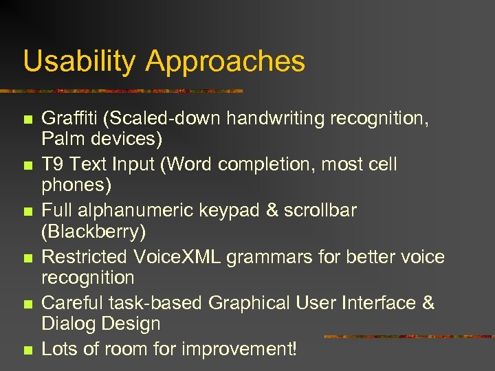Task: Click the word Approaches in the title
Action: pos(225,62)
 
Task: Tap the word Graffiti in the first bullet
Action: pos(67,119)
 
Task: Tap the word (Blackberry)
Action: pos(93,232)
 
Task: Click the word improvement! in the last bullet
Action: pos(240,349)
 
